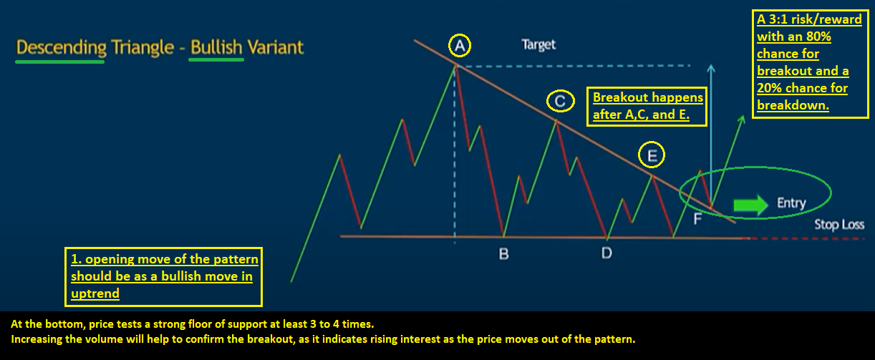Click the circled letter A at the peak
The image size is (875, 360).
click(x=460, y=46)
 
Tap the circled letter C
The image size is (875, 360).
click(x=560, y=101)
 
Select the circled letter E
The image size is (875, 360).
click(x=652, y=155)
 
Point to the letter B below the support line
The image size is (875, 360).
click(x=504, y=254)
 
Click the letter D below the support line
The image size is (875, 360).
click(x=606, y=253)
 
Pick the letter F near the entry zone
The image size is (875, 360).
click(x=697, y=219)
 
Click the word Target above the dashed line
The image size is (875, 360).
click(x=538, y=45)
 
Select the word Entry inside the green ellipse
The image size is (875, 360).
click(x=791, y=203)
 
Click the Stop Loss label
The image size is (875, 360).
click(x=839, y=225)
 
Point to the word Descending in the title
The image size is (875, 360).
click(x=62, y=48)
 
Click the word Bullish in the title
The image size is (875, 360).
click(x=216, y=47)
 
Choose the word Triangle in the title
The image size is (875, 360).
click(x=142, y=48)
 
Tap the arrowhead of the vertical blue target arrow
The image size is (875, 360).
click(x=711, y=68)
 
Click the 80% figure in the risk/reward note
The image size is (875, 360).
click(x=818, y=37)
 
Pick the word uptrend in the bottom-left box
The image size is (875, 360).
click(x=95, y=293)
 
